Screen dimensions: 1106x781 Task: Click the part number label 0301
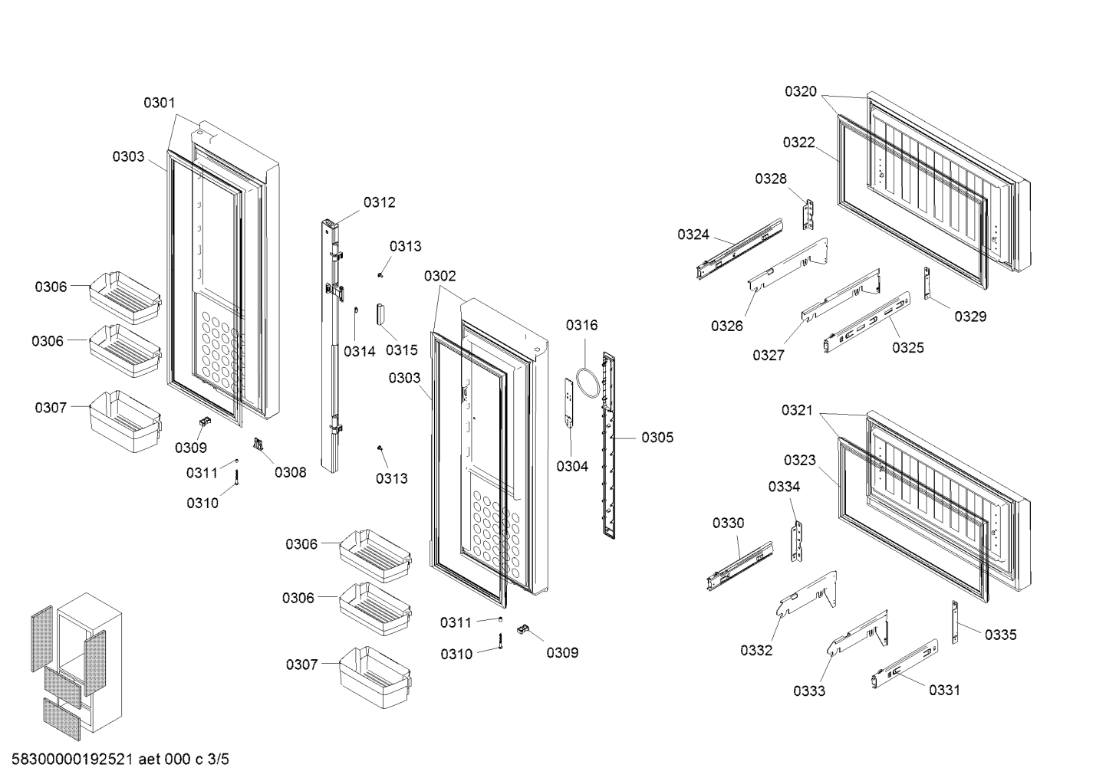coord(159,103)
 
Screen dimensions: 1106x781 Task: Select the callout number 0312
coord(379,202)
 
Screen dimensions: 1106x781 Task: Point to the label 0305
coord(657,438)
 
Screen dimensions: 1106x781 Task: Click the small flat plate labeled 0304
coord(568,403)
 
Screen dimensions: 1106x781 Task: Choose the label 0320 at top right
coord(801,91)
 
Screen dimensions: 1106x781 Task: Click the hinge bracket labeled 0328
coord(808,215)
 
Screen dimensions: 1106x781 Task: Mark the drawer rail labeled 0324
coord(739,249)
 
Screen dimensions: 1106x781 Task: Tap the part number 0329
coord(970,317)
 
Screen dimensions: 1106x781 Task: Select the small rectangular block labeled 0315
coord(381,313)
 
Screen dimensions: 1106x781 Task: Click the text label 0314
coord(360,351)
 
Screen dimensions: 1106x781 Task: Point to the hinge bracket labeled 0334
coord(796,542)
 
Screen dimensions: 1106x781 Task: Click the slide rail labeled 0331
coord(905,664)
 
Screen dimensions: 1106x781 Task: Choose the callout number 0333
coord(808,691)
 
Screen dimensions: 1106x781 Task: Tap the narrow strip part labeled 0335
coord(954,622)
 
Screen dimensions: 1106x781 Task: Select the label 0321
coord(797,410)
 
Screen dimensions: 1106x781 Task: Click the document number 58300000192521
coord(72,760)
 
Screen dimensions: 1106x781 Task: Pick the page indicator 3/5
coord(219,760)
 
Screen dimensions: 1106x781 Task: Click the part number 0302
coord(440,276)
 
